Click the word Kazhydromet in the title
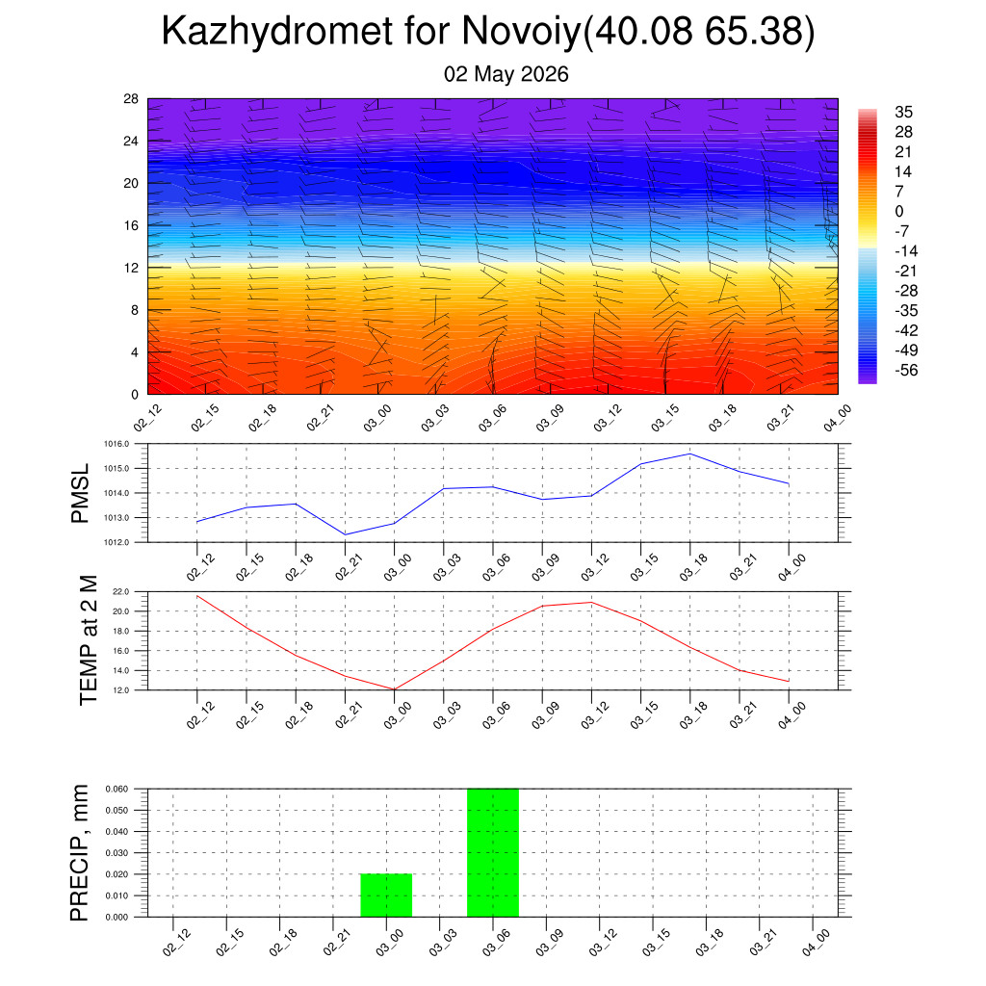(276, 32)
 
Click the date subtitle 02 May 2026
(506, 74)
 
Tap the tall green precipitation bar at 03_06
(493, 853)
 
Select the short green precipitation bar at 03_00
(386, 895)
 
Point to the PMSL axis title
(81, 494)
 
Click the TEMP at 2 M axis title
(89, 640)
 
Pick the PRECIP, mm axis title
(79, 853)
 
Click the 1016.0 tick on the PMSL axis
(117, 444)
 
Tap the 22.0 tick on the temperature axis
(120, 592)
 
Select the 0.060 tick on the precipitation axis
(117, 789)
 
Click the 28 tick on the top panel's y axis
(131, 99)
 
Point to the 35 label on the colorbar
(903, 112)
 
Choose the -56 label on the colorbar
(906, 371)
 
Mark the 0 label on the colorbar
(899, 211)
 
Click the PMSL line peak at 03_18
(690, 454)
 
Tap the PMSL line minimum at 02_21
(346, 534)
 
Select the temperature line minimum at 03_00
(394, 689)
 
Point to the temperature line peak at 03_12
(592, 603)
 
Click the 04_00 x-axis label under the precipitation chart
(817, 944)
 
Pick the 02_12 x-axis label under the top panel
(147, 418)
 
